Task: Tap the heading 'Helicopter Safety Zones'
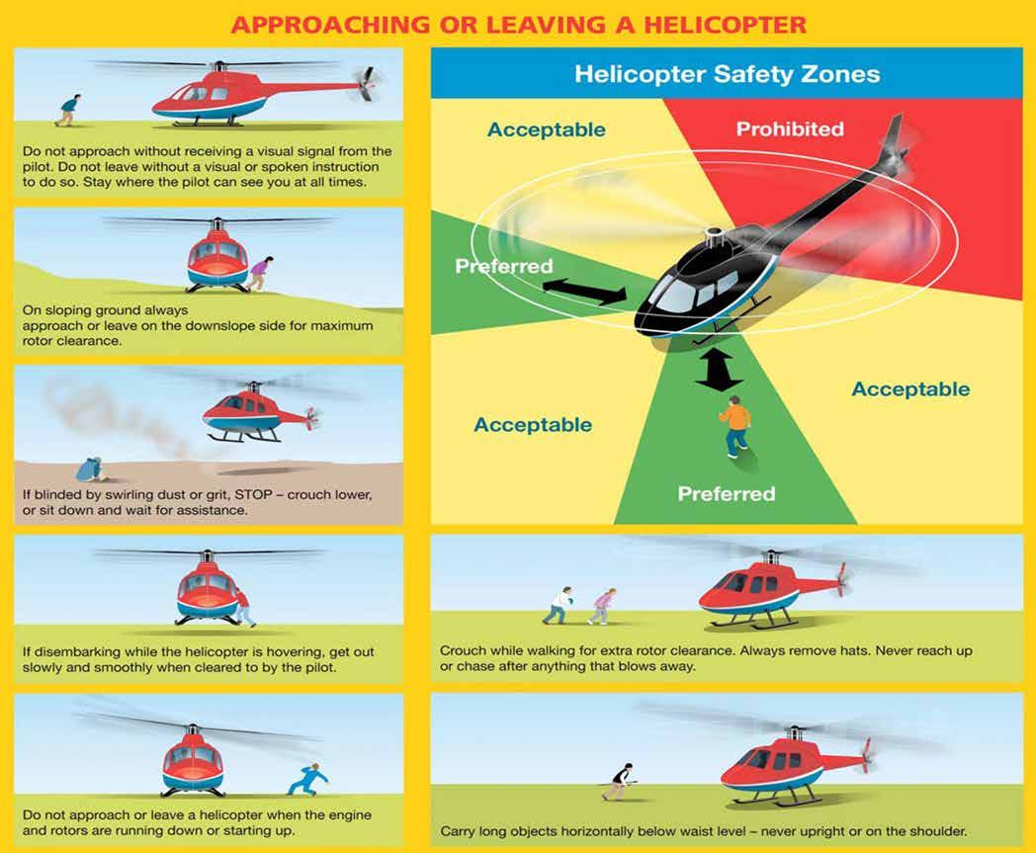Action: (727, 74)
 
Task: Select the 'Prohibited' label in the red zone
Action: (790, 128)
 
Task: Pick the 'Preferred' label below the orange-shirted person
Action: (727, 493)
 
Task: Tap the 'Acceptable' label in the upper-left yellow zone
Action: (547, 129)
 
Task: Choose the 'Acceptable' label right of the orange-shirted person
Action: (910, 388)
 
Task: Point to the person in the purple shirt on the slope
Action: (260, 274)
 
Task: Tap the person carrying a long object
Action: (619, 782)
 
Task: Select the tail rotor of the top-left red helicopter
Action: (369, 85)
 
